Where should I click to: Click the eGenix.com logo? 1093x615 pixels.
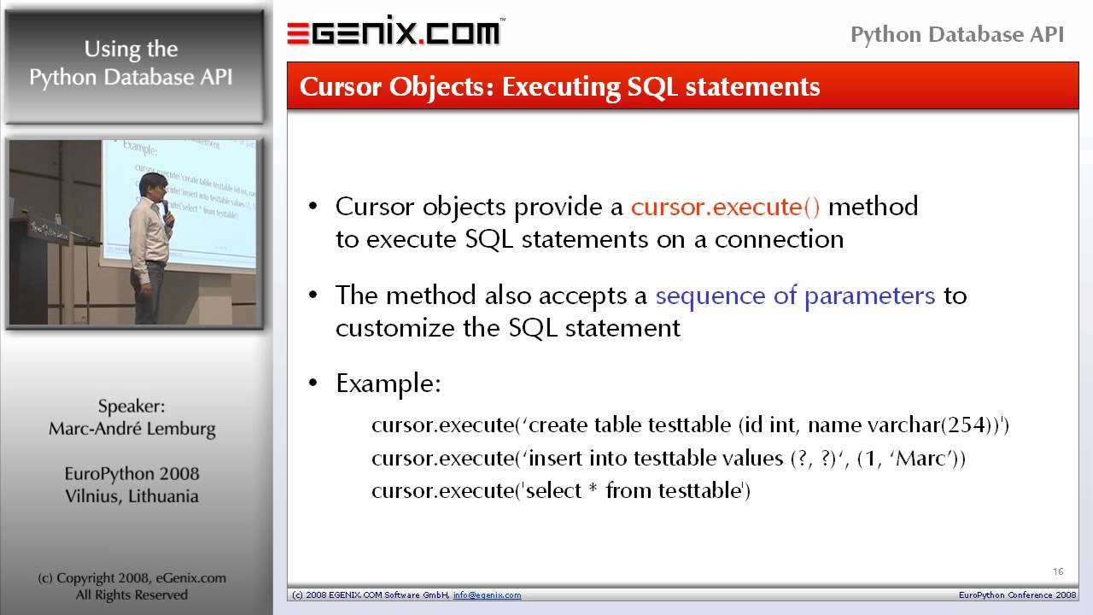pyautogui.click(x=394, y=32)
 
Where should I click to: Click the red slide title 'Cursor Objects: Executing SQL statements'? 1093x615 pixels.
pyautogui.click(x=560, y=87)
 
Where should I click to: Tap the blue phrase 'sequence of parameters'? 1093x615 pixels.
pyautogui.click(x=795, y=296)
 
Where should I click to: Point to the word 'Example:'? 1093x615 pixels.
pyautogui.click(x=388, y=384)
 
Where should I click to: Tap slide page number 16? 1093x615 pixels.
pyautogui.click(x=1057, y=571)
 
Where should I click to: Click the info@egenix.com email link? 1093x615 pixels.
pyautogui.click(x=487, y=595)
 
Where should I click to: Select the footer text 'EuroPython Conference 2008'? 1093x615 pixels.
pyautogui.click(x=1017, y=595)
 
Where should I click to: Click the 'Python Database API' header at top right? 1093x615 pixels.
pyautogui.click(x=957, y=35)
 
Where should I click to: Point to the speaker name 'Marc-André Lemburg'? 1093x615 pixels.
pyautogui.click(x=132, y=429)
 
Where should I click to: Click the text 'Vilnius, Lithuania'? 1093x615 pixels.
pyautogui.click(x=132, y=496)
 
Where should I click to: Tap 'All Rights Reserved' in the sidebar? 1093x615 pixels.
pyautogui.click(x=132, y=594)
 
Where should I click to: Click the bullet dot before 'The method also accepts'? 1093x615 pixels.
pyautogui.click(x=313, y=296)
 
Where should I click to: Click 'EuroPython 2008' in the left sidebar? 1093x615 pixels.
pyautogui.click(x=132, y=474)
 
